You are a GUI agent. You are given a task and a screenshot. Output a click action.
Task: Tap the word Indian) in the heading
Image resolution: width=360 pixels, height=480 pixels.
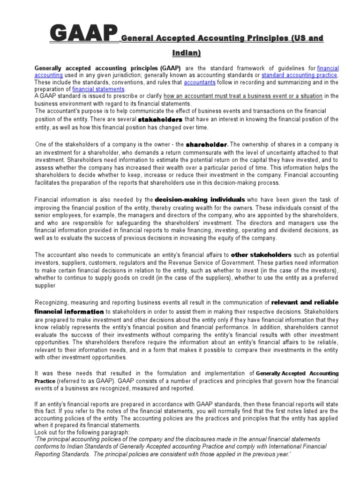[x=186, y=53]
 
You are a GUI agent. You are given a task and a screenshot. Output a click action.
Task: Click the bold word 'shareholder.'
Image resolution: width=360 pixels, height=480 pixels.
[x=207, y=145]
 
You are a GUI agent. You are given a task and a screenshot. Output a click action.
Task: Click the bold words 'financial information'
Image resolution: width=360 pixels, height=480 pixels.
[x=69, y=312]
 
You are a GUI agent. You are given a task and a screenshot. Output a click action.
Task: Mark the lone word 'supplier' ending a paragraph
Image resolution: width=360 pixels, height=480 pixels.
[x=45, y=285]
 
